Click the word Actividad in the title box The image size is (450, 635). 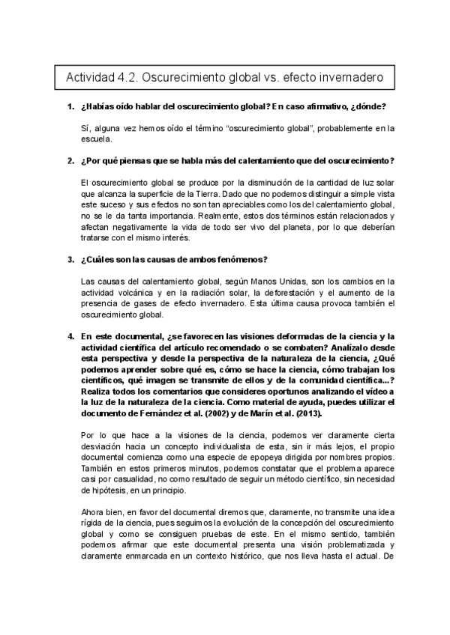92,78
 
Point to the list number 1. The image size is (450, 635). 70,107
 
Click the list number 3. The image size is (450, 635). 70,260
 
